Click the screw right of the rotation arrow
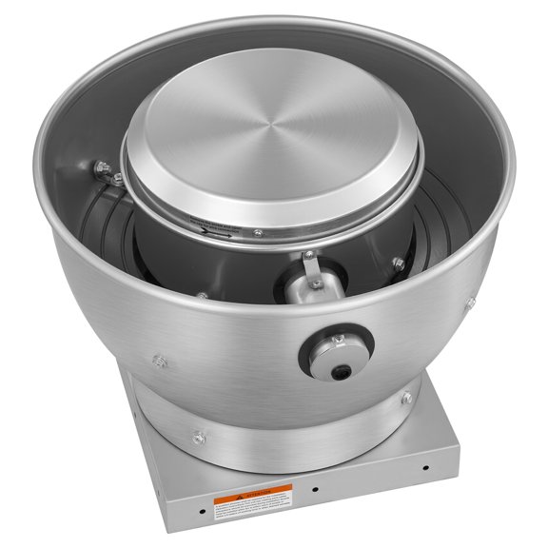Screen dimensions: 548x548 (257, 233)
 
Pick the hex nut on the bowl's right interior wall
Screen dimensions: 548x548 (397, 263)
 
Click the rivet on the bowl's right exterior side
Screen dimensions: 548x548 (469, 303)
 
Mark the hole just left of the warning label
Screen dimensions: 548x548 (201, 508)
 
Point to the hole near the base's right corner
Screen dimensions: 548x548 (425, 468)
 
